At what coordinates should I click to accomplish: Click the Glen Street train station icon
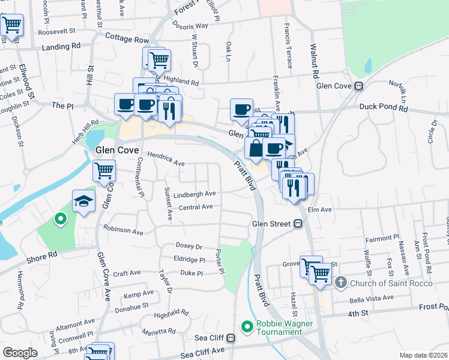click(297, 224)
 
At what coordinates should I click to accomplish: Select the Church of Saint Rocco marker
click(340, 282)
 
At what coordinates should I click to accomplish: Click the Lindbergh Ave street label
click(194, 194)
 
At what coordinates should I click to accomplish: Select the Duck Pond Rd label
click(384, 109)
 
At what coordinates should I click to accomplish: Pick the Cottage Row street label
click(127, 40)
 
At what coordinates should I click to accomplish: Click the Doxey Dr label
click(188, 246)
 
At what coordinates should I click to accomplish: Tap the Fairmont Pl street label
click(383, 239)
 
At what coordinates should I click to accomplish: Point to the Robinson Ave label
click(123, 230)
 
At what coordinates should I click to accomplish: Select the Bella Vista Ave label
click(372, 298)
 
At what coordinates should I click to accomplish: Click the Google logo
click(20, 353)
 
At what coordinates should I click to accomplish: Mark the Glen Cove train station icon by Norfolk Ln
click(358, 86)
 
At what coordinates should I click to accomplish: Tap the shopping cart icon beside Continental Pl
click(104, 171)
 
